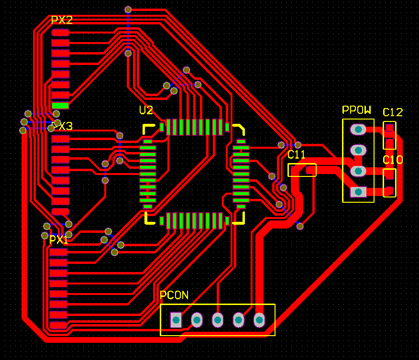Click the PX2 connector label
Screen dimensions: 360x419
point(62,21)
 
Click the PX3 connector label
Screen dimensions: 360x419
point(62,127)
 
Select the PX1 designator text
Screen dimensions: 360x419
point(59,240)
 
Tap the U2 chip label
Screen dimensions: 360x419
point(146,111)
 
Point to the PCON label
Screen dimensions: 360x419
point(174,295)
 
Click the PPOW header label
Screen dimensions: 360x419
point(357,110)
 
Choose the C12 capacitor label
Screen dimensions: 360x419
point(393,113)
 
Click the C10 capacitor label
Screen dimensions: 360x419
point(393,160)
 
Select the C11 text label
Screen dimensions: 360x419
point(297,155)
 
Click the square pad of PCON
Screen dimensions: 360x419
point(176,319)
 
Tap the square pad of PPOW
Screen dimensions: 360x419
point(358,192)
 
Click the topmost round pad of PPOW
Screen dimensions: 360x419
point(358,129)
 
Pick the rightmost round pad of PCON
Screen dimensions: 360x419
point(259,319)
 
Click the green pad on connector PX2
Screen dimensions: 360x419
point(60,106)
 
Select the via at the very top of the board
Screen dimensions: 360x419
point(128,9)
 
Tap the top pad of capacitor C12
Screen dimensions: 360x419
point(390,128)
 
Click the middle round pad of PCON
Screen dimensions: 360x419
point(218,319)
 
